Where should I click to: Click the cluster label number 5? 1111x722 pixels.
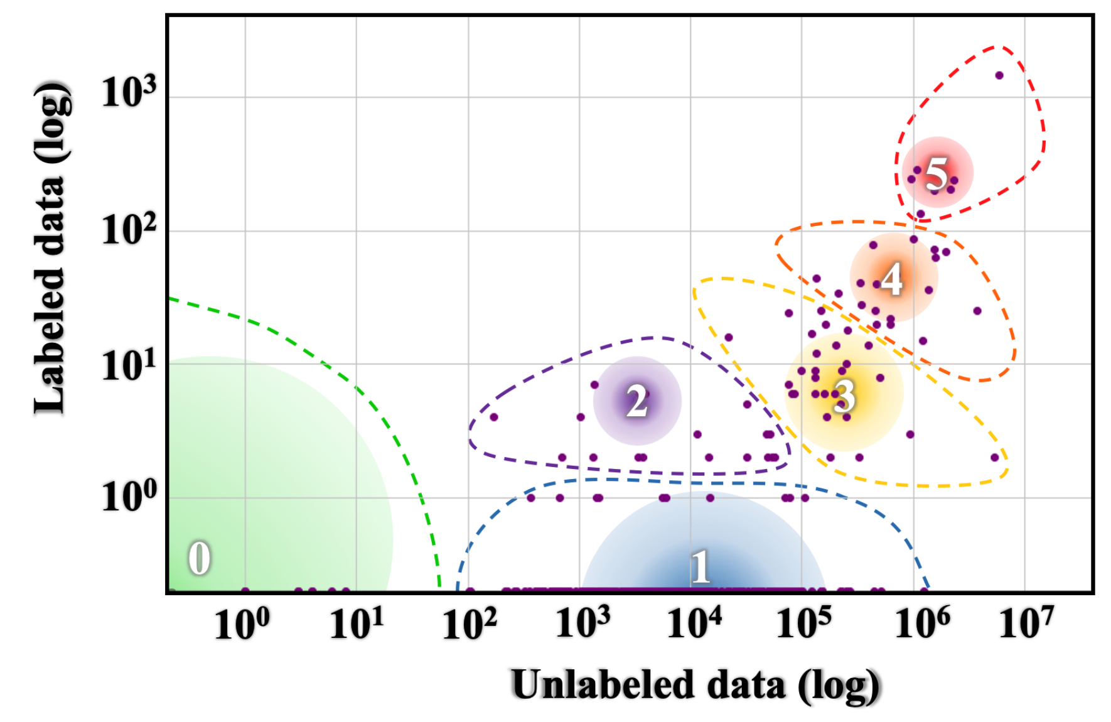point(937,173)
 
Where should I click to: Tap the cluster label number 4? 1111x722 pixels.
point(892,278)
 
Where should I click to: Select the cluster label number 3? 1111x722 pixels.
point(844,396)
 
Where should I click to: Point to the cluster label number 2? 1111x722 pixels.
point(637,401)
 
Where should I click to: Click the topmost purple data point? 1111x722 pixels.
point(999,75)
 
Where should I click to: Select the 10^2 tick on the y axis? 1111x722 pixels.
point(129,229)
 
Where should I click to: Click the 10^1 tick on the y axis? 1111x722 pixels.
point(129,365)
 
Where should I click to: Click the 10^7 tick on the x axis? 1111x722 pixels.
point(1026,623)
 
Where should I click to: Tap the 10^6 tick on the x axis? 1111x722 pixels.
point(922,623)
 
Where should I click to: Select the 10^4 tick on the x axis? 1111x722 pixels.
point(694,623)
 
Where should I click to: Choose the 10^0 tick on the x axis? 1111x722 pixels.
point(242,624)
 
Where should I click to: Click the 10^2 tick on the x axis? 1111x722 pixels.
point(469,624)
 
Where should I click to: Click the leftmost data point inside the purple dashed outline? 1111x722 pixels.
point(493,417)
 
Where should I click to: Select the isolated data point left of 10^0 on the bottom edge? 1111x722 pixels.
point(245,591)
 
